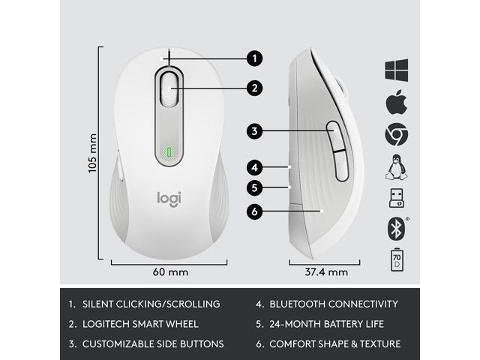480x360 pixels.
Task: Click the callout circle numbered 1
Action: coord(256,57)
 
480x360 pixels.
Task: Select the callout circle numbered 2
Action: coord(256,88)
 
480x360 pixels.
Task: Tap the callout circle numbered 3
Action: coord(256,131)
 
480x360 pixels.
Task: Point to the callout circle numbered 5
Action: coord(256,188)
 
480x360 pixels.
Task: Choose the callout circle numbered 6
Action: coord(256,212)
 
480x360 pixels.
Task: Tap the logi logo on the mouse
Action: coord(169,198)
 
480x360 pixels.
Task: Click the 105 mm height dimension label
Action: coord(93,153)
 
